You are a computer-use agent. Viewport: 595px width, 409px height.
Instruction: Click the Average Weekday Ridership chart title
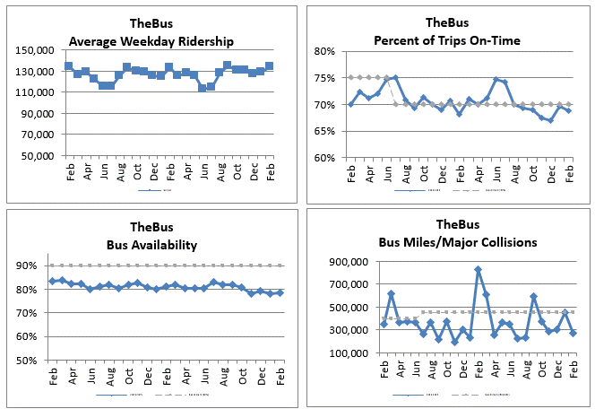coord(151,40)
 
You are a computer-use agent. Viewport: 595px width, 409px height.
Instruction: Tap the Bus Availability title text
coord(151,242)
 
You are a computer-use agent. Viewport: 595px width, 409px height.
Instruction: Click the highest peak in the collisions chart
coord(479,269)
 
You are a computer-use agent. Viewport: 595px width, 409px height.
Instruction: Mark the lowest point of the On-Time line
coord(551,120)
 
